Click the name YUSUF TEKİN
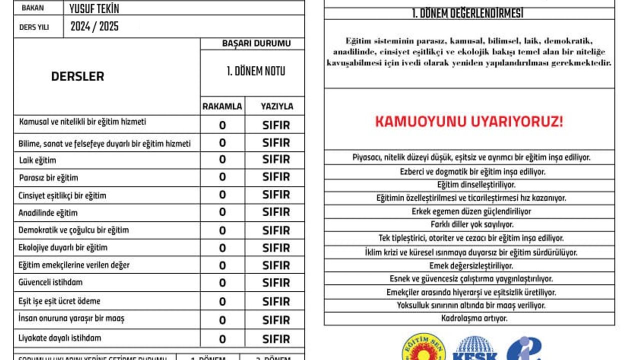point(94,8)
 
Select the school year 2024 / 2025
point(94,26)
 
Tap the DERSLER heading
point(77,76)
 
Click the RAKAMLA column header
point(222,106)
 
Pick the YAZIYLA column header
point(277,106)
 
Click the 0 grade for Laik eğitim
point(222,160)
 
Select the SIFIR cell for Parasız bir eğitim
point(276,177)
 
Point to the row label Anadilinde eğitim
point(48,213)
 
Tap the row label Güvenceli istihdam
point(50,282)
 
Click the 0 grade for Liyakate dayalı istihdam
point(222,338)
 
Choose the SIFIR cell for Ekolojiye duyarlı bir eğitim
point(276,248)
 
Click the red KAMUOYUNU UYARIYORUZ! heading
point(469,121)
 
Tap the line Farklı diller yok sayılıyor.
point(469,224)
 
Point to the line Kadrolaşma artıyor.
point(469,318)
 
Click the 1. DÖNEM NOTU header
point(255,71)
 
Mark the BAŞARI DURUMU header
point(256,43)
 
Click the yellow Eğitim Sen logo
point(423,348)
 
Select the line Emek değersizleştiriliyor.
point(469,265)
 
